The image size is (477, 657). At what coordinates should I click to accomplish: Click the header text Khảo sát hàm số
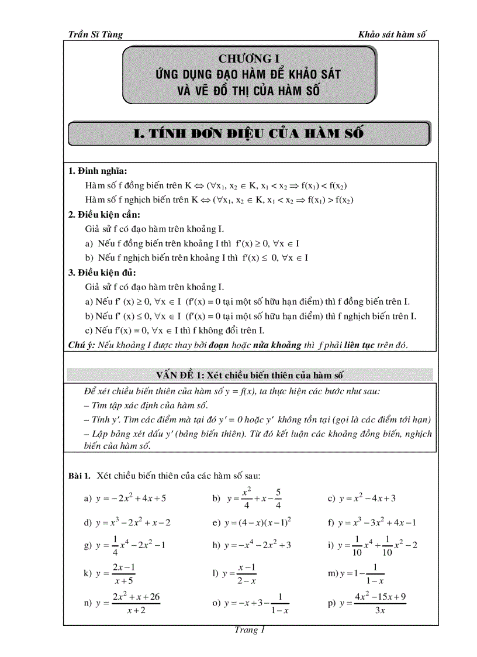point(392,35)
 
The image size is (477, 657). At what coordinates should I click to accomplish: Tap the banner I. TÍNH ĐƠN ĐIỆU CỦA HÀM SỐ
point(249,133)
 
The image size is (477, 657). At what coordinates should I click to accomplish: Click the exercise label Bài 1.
point(79,475)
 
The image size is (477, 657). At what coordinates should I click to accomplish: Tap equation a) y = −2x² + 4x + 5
point(126,498)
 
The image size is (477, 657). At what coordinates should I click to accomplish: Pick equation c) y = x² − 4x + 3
point(362,498)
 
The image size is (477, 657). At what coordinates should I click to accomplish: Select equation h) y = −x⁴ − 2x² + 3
point(252,545)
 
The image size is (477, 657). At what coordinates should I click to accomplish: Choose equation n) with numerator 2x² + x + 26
point(123,603)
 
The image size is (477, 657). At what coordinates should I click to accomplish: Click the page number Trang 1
point(250,630)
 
